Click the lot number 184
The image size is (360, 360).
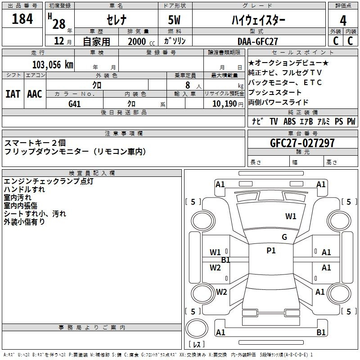point(22,19)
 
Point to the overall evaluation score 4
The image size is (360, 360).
point(343,20)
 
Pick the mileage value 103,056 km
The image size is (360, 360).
point(53,65)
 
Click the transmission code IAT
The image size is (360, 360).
point(13,94)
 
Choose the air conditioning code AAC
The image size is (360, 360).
point(35,94)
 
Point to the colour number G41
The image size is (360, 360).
point(75,104)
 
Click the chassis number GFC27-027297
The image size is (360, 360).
point(302,143)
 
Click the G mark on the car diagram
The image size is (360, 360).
point(284,237)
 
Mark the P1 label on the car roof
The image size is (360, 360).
point(271,251)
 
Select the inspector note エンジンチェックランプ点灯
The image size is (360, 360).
point(48,181)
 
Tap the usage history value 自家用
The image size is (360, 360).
point(96,41)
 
